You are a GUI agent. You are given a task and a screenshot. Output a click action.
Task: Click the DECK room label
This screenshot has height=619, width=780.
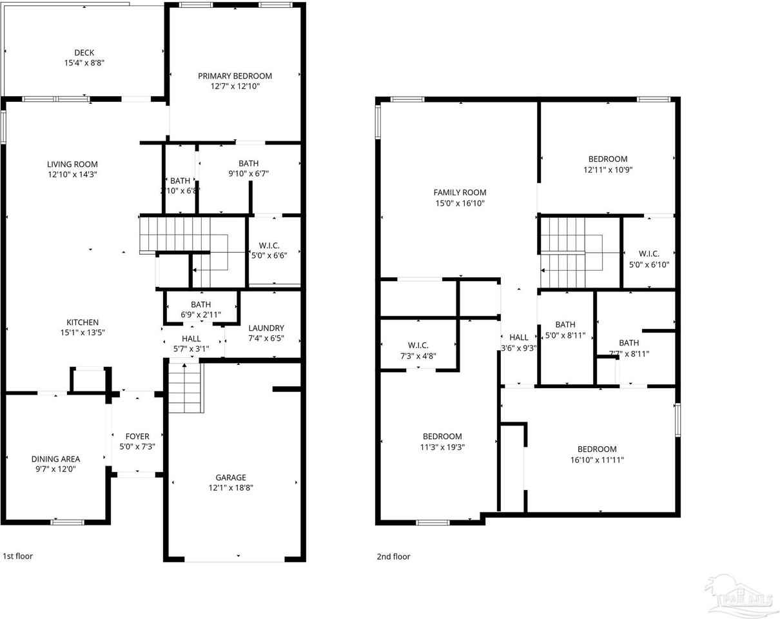(84, 53)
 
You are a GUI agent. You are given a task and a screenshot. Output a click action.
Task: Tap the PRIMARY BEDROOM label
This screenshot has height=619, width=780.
(235, 76)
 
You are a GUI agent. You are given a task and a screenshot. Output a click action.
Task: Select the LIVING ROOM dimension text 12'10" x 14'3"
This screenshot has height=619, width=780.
(72, 174)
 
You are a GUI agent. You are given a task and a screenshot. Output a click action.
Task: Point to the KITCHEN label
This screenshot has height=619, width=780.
(83, 322)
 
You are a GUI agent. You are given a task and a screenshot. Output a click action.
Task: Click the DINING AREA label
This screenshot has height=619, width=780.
(55, 459)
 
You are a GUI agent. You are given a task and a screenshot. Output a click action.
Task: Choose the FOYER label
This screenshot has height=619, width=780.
(137, 437)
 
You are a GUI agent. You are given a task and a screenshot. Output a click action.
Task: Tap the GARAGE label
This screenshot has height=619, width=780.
(231, 478)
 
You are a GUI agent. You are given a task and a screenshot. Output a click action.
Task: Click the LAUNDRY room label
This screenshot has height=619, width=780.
(266, 328)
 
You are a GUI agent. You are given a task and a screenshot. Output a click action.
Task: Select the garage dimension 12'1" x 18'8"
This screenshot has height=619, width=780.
(231, 487)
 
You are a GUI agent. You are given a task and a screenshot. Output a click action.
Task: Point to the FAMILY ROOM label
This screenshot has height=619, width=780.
(460, 192)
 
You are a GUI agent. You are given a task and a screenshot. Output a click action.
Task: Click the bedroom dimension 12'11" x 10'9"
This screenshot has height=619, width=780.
(607, 170)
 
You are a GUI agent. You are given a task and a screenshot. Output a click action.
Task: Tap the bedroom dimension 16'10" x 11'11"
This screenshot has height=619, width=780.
(597, 460)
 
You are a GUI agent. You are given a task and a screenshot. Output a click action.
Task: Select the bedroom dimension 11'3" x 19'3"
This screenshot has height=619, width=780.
(442, 446)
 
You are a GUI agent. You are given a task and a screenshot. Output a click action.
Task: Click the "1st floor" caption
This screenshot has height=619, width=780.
(18, 556)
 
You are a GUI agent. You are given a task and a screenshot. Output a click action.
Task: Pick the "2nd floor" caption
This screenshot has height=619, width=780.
(393, 556)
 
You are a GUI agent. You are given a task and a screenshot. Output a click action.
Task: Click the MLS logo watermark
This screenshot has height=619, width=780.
(741, 596)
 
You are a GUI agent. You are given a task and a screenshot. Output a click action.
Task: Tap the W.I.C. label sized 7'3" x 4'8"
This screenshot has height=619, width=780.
(418, 346)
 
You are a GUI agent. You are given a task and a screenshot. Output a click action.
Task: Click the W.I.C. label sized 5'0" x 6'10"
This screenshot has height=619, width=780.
(648, 253)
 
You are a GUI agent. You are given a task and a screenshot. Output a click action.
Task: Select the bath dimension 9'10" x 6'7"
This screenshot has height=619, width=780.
(248, 173)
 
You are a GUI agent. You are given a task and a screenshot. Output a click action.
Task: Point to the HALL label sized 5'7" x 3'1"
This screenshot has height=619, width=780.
(191, 339)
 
